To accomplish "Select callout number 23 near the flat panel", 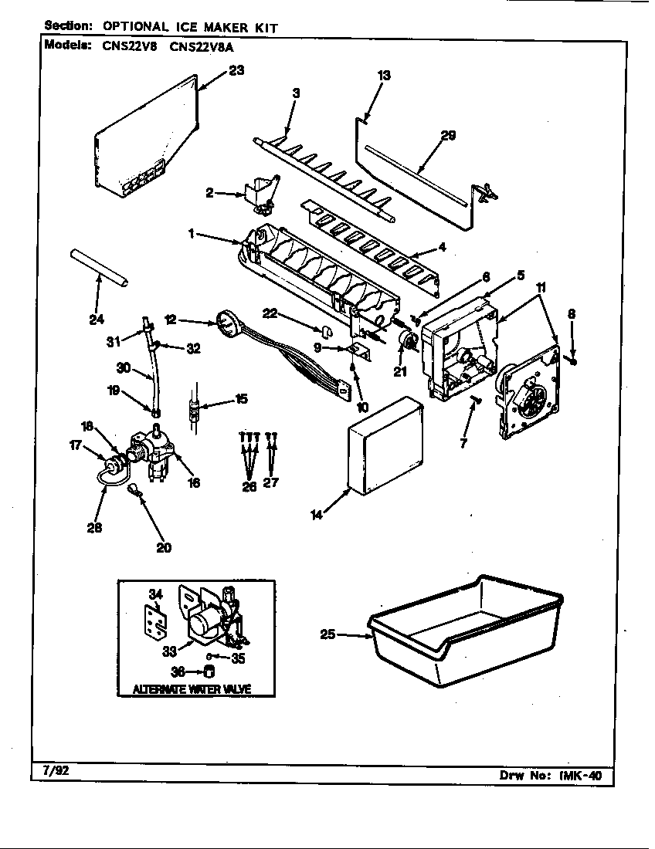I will point(236,70).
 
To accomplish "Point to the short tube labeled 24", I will point(99,268).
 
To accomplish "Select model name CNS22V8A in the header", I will point(202,46).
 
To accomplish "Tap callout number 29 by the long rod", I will point(447,136).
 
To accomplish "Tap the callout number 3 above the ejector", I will point(295,93).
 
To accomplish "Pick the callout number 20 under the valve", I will point(163,548).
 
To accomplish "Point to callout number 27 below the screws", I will point(271,483).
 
